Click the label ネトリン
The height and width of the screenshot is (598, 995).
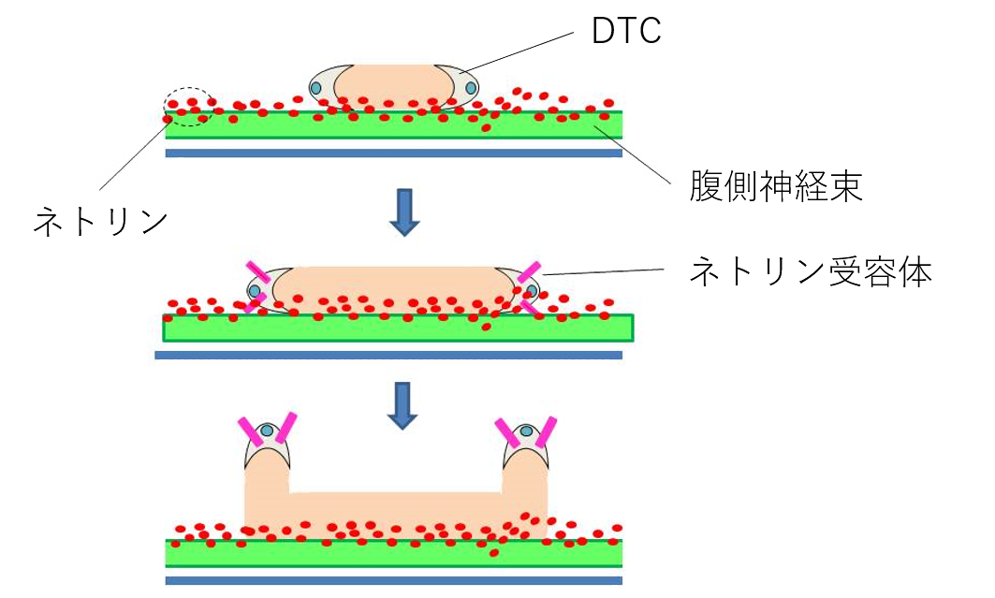coord(100,222)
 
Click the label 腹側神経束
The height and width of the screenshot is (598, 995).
coord(776,188)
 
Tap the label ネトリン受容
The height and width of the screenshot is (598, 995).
coord(792,272)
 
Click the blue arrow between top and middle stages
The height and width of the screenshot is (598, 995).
coord(403,211)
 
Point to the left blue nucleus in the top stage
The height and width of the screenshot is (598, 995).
coord(316,88)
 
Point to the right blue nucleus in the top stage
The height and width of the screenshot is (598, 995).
coord(471,88)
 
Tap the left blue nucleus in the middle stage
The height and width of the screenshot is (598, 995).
coord(254,291)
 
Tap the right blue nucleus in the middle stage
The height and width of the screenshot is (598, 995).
coord(532,291)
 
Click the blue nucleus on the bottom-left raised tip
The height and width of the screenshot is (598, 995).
coord(267,430)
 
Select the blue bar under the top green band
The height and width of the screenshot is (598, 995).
coord(393,153)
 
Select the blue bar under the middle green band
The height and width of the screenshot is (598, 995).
coord(388,356)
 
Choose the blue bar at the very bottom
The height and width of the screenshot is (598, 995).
coord(393,581)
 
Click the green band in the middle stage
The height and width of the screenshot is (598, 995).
coord(398,328)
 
